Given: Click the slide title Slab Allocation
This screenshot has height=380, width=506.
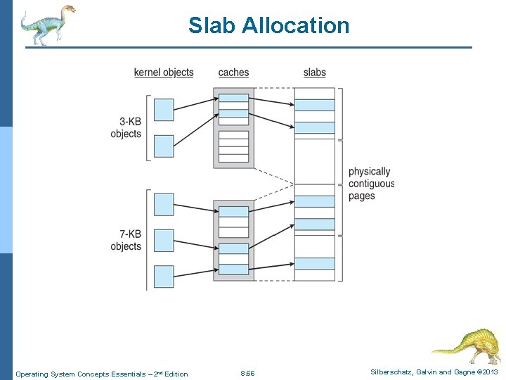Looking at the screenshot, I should click(x=268, y=25).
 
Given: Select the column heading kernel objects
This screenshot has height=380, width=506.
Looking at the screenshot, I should click(x=164, y=72).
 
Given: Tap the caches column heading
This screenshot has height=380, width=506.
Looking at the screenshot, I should click(x=233, y=72).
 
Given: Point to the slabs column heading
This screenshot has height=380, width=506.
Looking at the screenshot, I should click(x=314, y=72).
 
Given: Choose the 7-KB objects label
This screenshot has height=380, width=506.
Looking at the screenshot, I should click(x=126, y=241).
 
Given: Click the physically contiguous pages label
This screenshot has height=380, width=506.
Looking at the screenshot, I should click(x=371, y=184).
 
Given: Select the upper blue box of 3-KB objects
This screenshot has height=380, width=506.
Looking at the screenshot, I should click(x=164, y=110).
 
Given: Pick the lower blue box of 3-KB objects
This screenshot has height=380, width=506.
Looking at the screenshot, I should click(x=164, y=146).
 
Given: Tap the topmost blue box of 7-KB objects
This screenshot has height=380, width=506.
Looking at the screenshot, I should click(x=164, y=204).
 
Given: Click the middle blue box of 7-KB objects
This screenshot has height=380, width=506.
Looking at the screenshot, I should click(x=164, y=240).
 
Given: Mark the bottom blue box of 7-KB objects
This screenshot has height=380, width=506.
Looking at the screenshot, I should click(x=164, y=276).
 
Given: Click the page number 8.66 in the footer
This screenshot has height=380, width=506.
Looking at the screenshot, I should click(x=247, y=373).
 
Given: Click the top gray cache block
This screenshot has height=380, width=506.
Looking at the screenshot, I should click(x=233, y=127).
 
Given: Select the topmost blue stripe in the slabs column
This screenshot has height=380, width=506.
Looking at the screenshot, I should click(x=314, y=105).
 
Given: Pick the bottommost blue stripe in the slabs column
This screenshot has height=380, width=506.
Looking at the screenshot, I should click(x=314, y=263).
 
